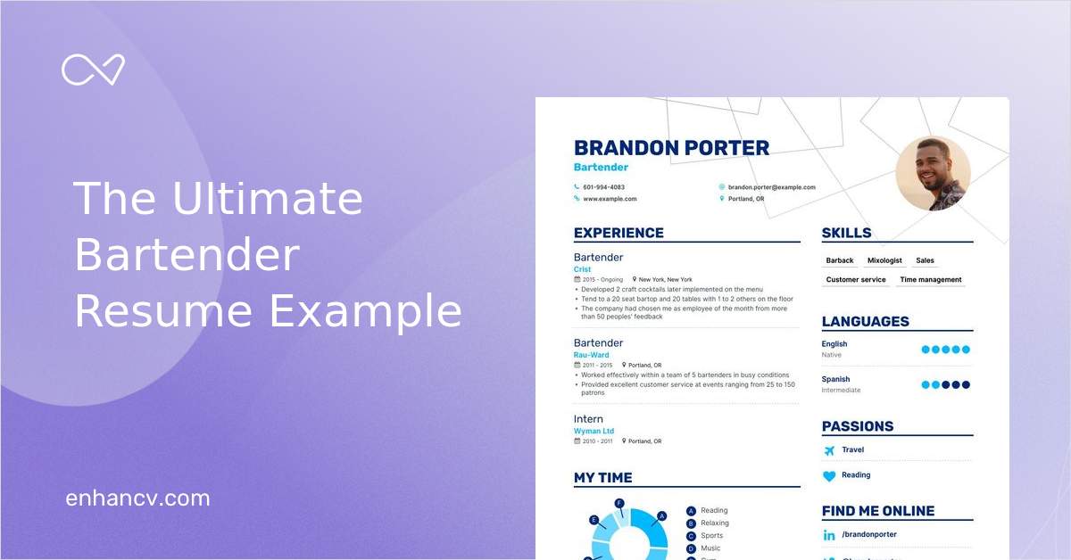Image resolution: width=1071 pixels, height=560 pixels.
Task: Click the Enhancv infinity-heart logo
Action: click(x=93, y=70)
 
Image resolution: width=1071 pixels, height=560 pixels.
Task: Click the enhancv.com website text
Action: click(x=137, y=498)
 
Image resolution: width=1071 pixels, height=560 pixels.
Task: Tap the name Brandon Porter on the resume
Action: click(x=671, y=148)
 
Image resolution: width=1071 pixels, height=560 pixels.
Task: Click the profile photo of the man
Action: click(x=933, y=173)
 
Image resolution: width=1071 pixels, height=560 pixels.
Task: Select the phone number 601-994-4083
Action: click(x=603, y=187)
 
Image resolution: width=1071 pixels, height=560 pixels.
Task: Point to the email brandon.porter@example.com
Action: click(x=771, y=187)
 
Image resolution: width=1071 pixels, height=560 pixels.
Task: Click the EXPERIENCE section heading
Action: click(x=619, y=233)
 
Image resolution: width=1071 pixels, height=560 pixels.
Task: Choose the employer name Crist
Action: click(x=582, y=269)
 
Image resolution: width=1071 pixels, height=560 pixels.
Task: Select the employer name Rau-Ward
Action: click(x=591, y=355)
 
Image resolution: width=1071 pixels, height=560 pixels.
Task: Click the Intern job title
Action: click(x=588, y=419)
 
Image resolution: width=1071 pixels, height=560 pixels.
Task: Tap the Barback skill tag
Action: click(x=840, y=260)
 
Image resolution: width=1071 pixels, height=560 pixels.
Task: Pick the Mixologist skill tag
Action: click(x=884, y=260)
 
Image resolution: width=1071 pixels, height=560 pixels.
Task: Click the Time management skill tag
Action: click(x=930, y=280)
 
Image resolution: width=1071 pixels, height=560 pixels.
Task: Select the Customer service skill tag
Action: click(x=856, y=280)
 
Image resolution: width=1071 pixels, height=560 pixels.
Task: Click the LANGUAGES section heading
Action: click(x=865, y=322)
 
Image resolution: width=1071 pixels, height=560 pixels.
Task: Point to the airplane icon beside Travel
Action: click(x=829, y=450)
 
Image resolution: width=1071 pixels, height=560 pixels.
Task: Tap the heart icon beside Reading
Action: click(x=829, y=476)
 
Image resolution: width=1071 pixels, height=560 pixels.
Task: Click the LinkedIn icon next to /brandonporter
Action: click(x=829, y=535)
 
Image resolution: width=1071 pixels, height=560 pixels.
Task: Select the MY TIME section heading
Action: click(x=602, y=478)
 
